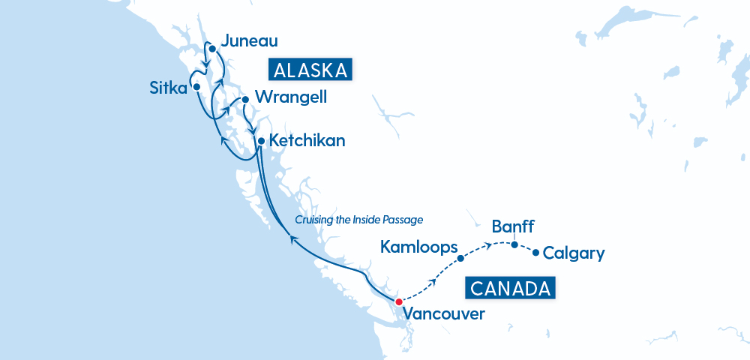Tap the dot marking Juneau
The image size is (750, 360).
[212, 49]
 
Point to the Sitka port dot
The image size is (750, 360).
[196, 87]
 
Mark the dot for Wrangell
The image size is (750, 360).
[244, 99]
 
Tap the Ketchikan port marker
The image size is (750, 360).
[260, 141]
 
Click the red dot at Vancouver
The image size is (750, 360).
[398, 301]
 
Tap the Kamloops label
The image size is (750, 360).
[418, 246]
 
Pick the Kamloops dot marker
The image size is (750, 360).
[460, 258]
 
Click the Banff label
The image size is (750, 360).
[514, 226]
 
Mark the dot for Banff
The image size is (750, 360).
[514, 244]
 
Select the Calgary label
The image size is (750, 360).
[573, 253]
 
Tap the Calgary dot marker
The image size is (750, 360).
[535, 253]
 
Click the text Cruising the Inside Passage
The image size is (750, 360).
[359, 220]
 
